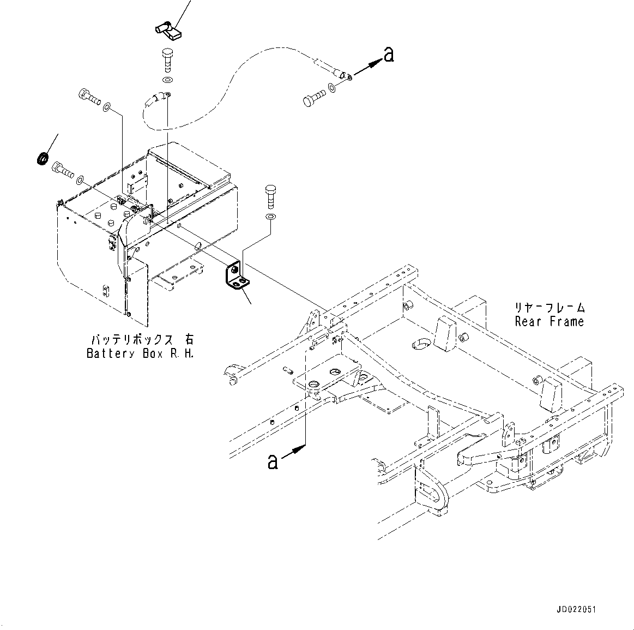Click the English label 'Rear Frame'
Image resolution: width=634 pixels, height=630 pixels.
point(549,322)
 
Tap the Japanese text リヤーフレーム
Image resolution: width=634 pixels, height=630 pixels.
point(550,308)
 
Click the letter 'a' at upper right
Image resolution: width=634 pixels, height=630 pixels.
point(388,54)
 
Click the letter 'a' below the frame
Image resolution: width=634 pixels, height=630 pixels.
point(273,461)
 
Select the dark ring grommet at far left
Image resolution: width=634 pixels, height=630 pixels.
point(42,159)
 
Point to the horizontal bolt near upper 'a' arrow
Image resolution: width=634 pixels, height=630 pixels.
point(315,100)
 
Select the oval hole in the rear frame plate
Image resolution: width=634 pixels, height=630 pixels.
point(420,343)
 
